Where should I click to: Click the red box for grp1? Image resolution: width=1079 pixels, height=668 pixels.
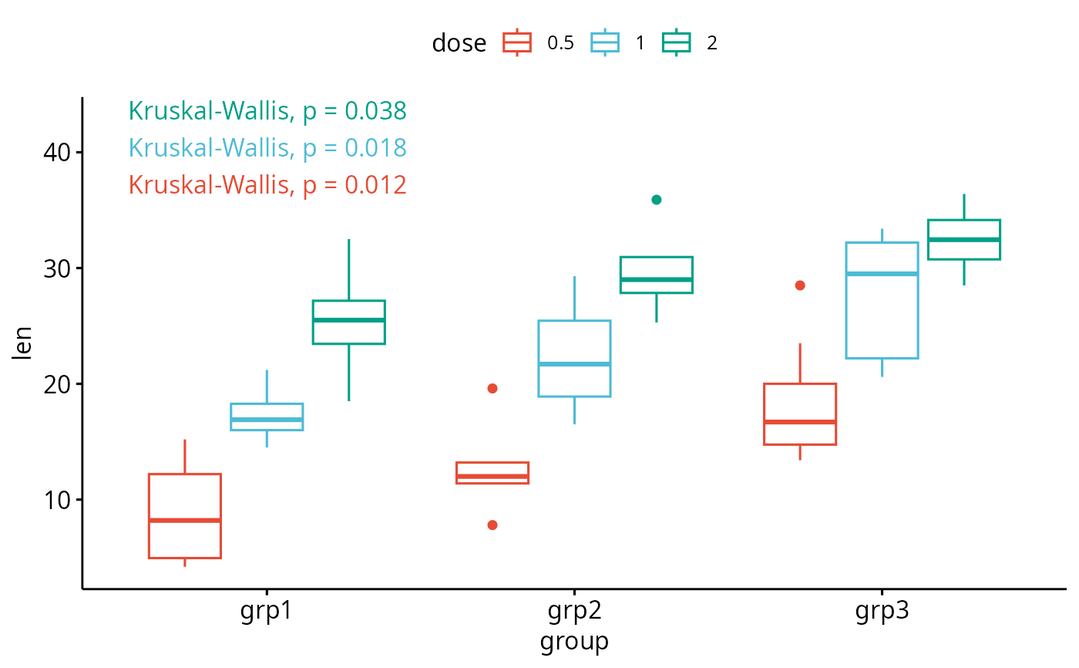185,515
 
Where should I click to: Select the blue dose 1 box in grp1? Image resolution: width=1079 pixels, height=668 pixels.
267,417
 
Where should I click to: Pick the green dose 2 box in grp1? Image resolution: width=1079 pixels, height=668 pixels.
348,322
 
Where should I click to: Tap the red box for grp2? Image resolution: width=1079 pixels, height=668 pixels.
492,473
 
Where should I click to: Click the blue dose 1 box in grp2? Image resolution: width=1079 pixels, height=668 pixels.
574,359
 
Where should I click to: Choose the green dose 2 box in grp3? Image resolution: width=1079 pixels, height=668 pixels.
963,240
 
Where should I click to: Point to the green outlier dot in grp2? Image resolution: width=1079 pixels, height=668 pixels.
657,200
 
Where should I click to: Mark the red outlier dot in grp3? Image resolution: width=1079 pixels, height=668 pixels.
800,285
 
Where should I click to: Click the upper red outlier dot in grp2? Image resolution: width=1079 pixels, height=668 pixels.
492,389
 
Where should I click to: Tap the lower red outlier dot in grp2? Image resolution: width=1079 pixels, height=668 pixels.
492,525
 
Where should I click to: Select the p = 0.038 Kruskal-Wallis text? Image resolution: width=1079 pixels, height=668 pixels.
267,111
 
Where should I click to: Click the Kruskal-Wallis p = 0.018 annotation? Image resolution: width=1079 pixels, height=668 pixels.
267,147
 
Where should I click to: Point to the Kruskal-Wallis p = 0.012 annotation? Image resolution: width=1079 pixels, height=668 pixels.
267,184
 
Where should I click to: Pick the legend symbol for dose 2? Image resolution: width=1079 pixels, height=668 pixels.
677,43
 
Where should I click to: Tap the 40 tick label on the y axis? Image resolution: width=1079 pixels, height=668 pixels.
55,153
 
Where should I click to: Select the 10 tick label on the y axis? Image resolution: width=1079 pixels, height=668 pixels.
55,500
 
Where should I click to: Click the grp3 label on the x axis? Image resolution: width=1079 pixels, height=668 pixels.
882,612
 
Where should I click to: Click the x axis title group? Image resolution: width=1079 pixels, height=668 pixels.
574,641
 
